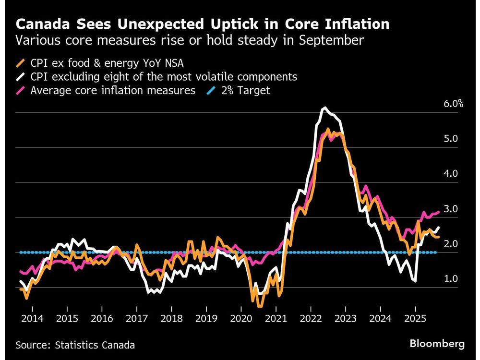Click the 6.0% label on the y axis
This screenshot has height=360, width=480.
[x=454, y=103]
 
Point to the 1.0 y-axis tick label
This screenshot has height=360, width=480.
[x=451, y=279]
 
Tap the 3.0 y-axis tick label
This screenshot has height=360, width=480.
[x=451, y=209]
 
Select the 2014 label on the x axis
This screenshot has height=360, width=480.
[x=32, y=319]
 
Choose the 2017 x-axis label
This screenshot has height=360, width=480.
[x=136, y=319]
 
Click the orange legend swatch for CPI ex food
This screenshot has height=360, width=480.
[x=21, y=63]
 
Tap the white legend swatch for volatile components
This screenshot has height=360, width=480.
[x=21, y=77]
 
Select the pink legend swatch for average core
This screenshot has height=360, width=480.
[x=21, y=90]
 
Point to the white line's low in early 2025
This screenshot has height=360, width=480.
[x=415, y=282]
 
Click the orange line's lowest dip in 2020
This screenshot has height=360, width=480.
[x=259, y=306]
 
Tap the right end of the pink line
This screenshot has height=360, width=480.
[x=439, y=212]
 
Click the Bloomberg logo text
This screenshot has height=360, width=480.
[x=437, y=344]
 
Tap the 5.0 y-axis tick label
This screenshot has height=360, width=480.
[x=451, y=139]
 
